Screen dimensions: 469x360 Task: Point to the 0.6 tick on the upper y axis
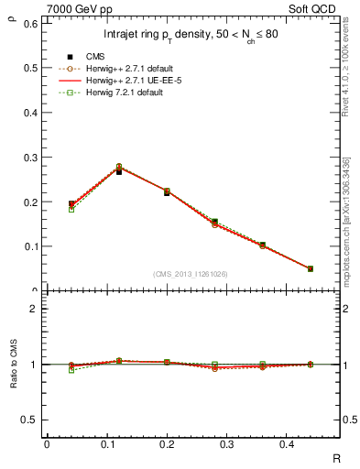tap(31, 23)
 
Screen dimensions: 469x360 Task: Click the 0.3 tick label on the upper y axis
tap(31, 158)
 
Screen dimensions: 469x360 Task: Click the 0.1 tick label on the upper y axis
tap(31, 246)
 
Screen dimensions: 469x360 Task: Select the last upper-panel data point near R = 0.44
tap(310, 269)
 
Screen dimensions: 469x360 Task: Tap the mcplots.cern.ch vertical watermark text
tap(347, 220)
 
